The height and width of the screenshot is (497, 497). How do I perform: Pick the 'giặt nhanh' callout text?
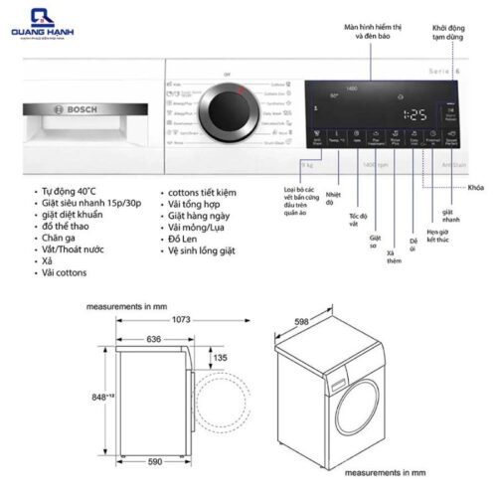(x=447, y=218)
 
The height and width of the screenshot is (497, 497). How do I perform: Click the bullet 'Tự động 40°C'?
(x=68, y=188)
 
